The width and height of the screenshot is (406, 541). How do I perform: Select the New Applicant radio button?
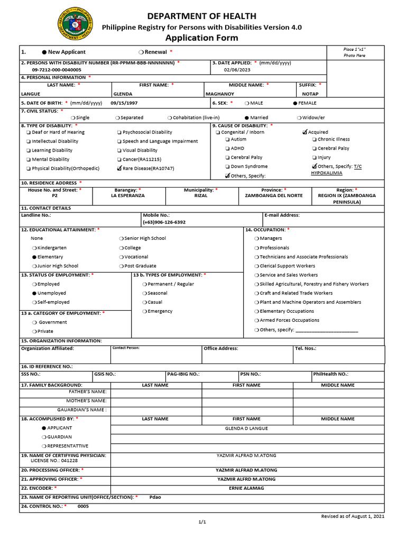tap(44, 52)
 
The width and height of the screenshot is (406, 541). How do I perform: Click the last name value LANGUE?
tap(30, 94)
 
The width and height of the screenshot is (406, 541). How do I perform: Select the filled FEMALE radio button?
tap(295, 103)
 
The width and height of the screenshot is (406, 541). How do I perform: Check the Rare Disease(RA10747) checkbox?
tap(119, 169)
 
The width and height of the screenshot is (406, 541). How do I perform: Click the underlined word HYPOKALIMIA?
tap(326, 173)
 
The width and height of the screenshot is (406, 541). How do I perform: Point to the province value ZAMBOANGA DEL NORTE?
tap(274, 195)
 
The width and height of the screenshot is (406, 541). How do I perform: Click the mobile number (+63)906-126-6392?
tap(164, 222)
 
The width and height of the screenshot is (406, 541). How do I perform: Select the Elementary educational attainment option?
tap(34, 257)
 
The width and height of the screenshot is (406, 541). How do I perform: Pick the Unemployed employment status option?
tap(34, 293)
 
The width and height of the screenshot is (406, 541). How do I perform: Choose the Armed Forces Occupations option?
tap(289, 320)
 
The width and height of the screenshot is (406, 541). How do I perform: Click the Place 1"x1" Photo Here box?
tap(354, 52)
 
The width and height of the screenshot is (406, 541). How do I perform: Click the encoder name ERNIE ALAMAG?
tap(246, 488)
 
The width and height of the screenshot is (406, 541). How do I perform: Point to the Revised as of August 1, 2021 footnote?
tap(353, 516)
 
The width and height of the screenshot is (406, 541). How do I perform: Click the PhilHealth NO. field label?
tap(330, 374)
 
